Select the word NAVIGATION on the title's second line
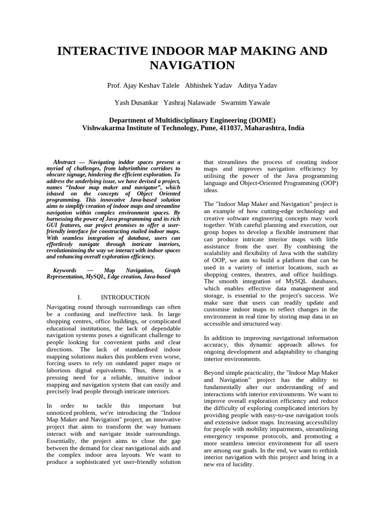192,65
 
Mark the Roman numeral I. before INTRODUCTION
79,298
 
